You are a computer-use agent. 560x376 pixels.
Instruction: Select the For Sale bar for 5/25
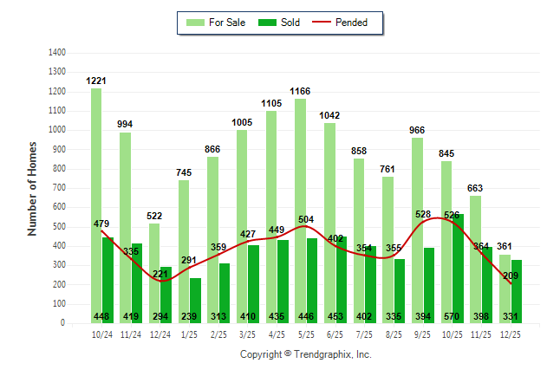(x=299, y=208)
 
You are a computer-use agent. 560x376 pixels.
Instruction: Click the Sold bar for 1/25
(x=195, y=295)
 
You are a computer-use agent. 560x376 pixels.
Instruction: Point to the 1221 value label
(x=96, y=81)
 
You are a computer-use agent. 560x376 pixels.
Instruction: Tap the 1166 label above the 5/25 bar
(x=300, y=92)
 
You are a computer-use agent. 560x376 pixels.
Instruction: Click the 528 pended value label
(x=424, y=214)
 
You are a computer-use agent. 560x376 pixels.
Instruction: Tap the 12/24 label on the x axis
(x=160, y=334)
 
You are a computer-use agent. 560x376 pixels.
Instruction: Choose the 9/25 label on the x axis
(x=422, y=334)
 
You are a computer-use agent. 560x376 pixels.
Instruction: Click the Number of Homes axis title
(x=33, y=189)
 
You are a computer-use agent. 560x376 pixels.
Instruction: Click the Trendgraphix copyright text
(x=305, y=354)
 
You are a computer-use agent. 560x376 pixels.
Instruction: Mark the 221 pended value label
(x=160, y=275)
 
